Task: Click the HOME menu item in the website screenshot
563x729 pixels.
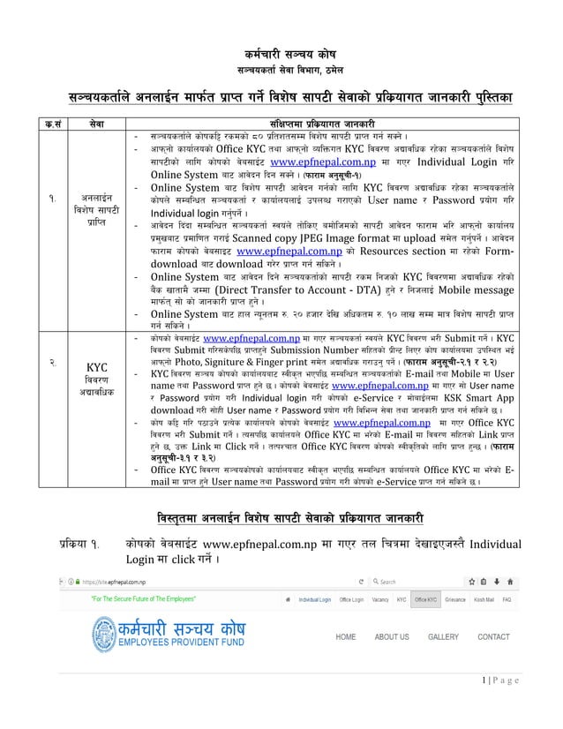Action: tap(346, 636)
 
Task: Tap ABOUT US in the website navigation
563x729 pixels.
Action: tap(391, 636)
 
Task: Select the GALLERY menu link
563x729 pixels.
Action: tap(443, 636)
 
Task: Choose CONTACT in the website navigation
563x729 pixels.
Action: tap(493, 636)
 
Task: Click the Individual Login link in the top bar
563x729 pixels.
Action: tap(319, 597)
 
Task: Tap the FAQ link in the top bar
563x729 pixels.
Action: tap(507, 597)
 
